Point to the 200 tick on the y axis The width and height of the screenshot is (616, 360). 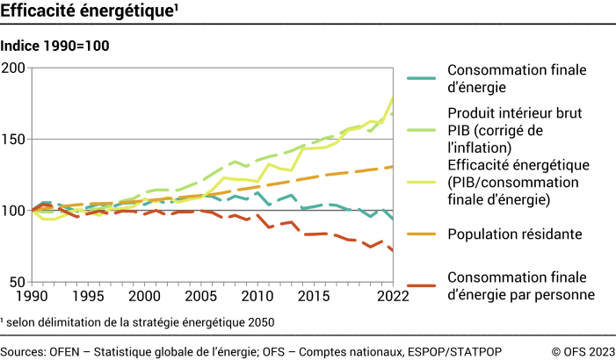pyautogui.click(x=14, y=68)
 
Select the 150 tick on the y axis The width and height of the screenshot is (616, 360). pyautogui.click(x=14, y=139)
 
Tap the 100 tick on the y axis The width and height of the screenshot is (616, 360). pyautogui.click(x=14, y=211)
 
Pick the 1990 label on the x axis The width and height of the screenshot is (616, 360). pyautogui.click(x=33, y=297)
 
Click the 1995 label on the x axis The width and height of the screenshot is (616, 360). pyautogui.click(x=89, y=297)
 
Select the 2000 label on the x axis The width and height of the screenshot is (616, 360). pyautogui.click(x=145, y=297)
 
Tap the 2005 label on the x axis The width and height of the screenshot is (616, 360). pyautogui.click(x=201, y=297)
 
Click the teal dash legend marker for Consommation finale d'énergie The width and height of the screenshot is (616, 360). pyautogui.click(x=422, y=78)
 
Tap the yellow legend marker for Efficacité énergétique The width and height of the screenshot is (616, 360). pyautogui.click(x=422, y=181)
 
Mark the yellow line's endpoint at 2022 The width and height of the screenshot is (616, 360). pyautogui.click(x=392, y=97)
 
